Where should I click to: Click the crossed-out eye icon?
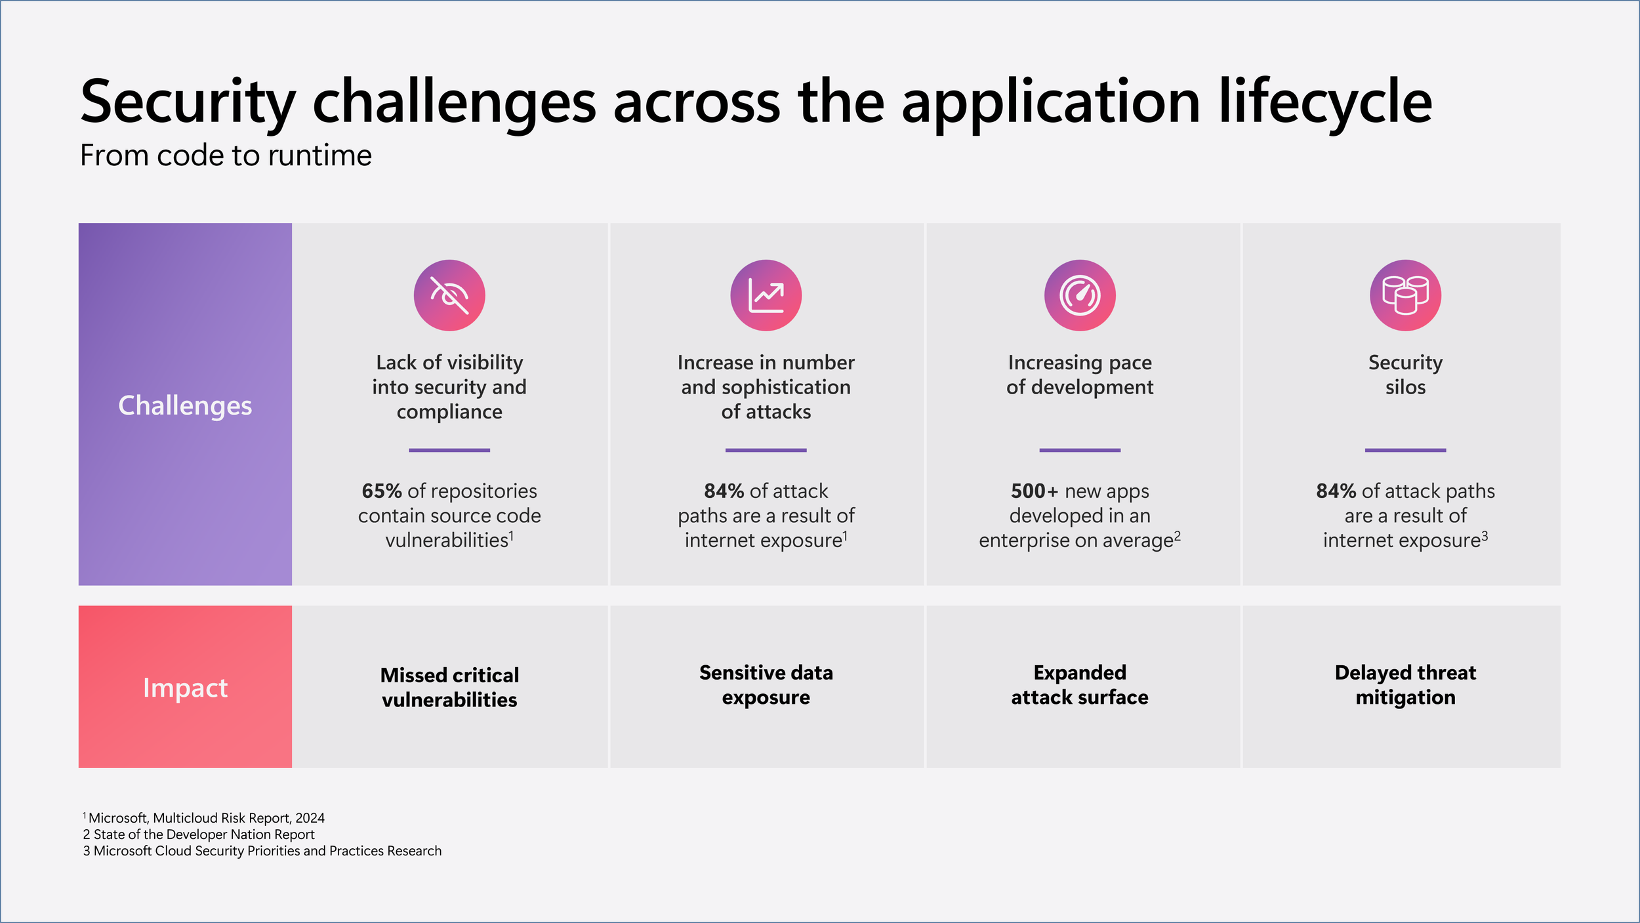click(449, 295)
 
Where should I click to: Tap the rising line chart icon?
click(766, 295)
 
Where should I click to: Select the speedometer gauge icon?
click(1080, 295)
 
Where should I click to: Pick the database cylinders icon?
click(1405, 295)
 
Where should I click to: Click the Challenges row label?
click(185, 405)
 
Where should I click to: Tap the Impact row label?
click(185, 688)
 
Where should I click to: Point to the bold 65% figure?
click(381, 491)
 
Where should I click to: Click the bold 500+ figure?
click(1035, 491)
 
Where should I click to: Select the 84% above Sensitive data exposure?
click(724, 491)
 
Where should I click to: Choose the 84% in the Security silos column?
click(1336, 491)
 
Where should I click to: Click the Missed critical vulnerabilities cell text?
click(449, 687)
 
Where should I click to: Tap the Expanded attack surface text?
click(1080, 685)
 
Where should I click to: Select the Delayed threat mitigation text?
click(1405, 685)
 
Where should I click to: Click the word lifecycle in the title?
click(1326, 102)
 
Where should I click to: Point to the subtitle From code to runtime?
click(226, 155)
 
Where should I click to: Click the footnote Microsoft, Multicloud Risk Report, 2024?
click(206, 818)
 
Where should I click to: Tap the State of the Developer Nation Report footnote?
click(199, 834)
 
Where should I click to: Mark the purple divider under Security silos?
click(1405, 450)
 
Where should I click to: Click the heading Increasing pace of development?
click(1080, 375)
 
